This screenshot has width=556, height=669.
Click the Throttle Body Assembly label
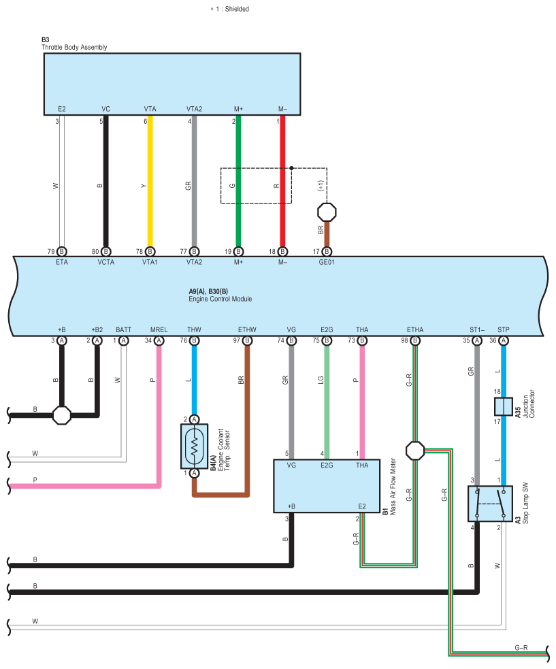click(x=74, y=48)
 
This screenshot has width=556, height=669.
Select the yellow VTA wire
click(x=150, y=184)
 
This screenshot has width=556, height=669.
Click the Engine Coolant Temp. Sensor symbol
click(x=194, y=446)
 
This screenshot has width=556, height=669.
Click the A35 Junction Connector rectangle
click(x=503, y=407)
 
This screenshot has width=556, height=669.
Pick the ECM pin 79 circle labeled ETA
click(x=62, y=251)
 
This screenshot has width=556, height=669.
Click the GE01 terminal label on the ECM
click(x=327, y=261)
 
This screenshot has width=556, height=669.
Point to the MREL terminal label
click(x=159, y=330)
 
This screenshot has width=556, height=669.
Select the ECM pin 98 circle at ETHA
click(x=414, y=340)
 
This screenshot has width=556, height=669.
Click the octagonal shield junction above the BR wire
click(x=327, y=212)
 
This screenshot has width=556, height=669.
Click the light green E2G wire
click(x=327, y=402)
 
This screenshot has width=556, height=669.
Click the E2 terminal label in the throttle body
click(x=62, y=109)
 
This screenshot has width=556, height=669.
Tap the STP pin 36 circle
click(x=504, y=340)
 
